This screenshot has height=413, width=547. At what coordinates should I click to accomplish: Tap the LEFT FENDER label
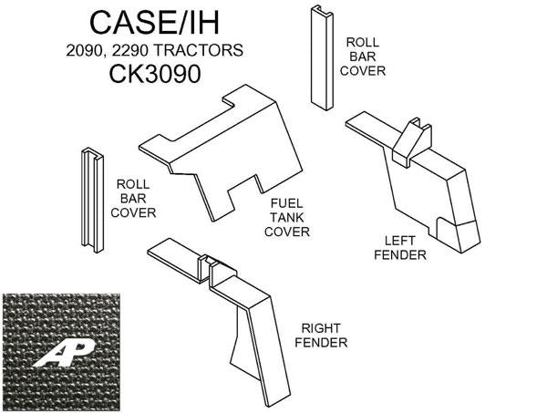point(406,247)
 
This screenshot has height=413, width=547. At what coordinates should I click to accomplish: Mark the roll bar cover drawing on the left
point(90,198)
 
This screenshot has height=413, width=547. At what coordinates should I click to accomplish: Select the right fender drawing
point(246,319)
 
